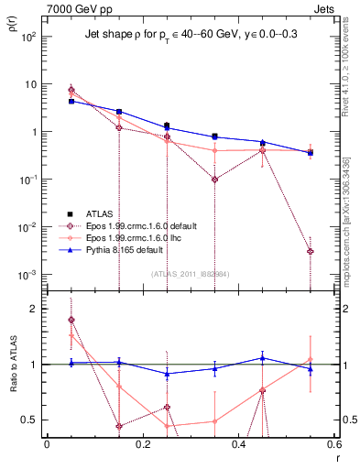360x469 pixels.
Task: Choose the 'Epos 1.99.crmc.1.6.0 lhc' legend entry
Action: (138, 236)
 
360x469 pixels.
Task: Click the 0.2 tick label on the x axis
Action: (142, 444)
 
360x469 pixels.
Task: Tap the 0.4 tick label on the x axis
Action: (238, 444)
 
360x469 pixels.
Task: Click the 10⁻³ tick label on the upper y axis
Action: (29, 275)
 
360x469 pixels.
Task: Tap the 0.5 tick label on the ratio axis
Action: (31, 420)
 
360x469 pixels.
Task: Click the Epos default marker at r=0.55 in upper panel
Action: (311, 251)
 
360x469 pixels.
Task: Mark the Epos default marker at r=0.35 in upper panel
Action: (214, 180)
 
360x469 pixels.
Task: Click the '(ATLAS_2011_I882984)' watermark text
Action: (191, 274)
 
